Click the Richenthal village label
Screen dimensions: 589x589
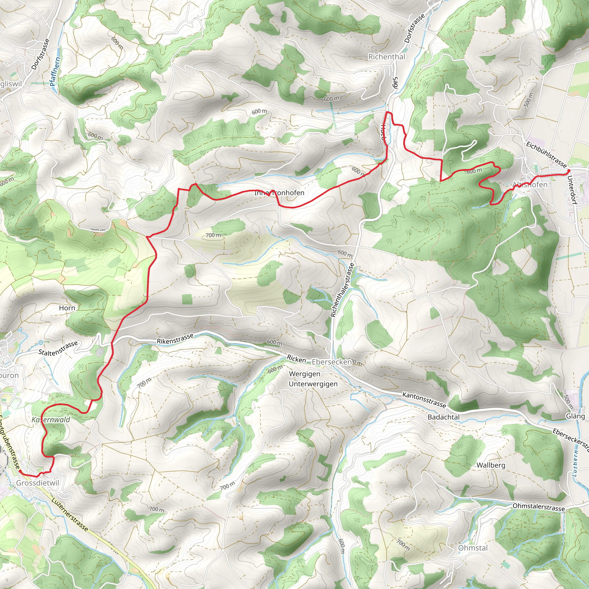pyautogui.click(x=387, y=57)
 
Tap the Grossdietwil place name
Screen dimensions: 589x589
pyautogui.click(x=38, y=483)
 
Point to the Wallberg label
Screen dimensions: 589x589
pyautogui.click(x=491, y=465)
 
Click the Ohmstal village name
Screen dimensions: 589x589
pyautogui.click(x=473, y=548)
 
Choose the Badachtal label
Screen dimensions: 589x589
pyautogui.click(x=443, y=417)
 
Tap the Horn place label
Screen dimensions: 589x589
pyautogui.click(x=67, y=308)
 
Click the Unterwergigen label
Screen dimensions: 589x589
pyautogui.click(x=313, y=384)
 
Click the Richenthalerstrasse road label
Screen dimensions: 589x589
pyautogui.click(x=342, y=290)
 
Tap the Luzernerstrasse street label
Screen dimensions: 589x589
pyautogui.click(x=70, y=515)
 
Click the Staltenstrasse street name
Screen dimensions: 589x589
pyautogui.click(x=58, y=348)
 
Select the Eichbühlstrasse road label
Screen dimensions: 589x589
pyautogui.click(x=546, y=154)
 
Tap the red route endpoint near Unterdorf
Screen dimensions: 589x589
pyautogui.click(x=569, y=171)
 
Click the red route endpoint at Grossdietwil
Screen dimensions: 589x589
pyautogui.click(x=20, y=471)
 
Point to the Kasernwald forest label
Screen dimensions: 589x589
pyautogui.click(x=51, y=420)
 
